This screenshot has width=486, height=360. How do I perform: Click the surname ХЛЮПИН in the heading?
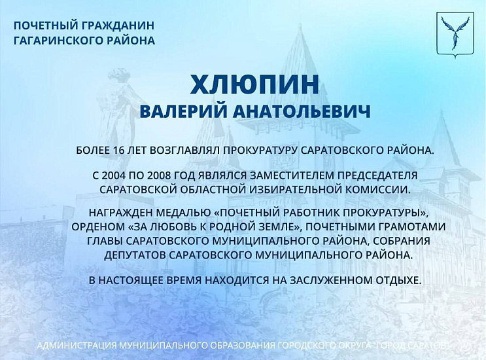(x=255, y=85)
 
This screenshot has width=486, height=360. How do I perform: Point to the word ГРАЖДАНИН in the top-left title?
(x=118, y=26)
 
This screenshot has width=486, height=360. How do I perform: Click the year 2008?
(x=162, y=176)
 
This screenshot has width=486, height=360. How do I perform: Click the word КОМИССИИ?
(x=368, y=189)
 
